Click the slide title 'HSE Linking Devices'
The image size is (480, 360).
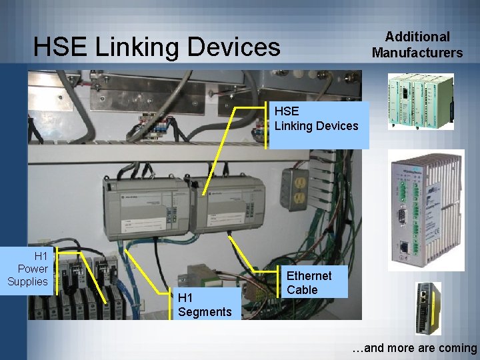tap(157, 47)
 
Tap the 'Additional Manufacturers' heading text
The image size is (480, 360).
tap(417, 45)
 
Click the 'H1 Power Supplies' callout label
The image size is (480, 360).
tap(28, 269)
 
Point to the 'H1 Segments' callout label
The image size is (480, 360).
tap(205, 305)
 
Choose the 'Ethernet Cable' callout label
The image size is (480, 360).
tap(309, 283)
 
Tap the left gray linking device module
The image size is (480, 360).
tap(144, 207)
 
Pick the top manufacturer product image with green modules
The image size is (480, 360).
tap(420, 101)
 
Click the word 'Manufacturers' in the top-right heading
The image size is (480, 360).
tap(417, 53)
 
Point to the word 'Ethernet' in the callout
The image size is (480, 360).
tap(309, 275)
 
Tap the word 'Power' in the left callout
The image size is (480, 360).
tap(33, 269)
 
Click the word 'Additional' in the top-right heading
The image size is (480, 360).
tap(418, 37)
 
